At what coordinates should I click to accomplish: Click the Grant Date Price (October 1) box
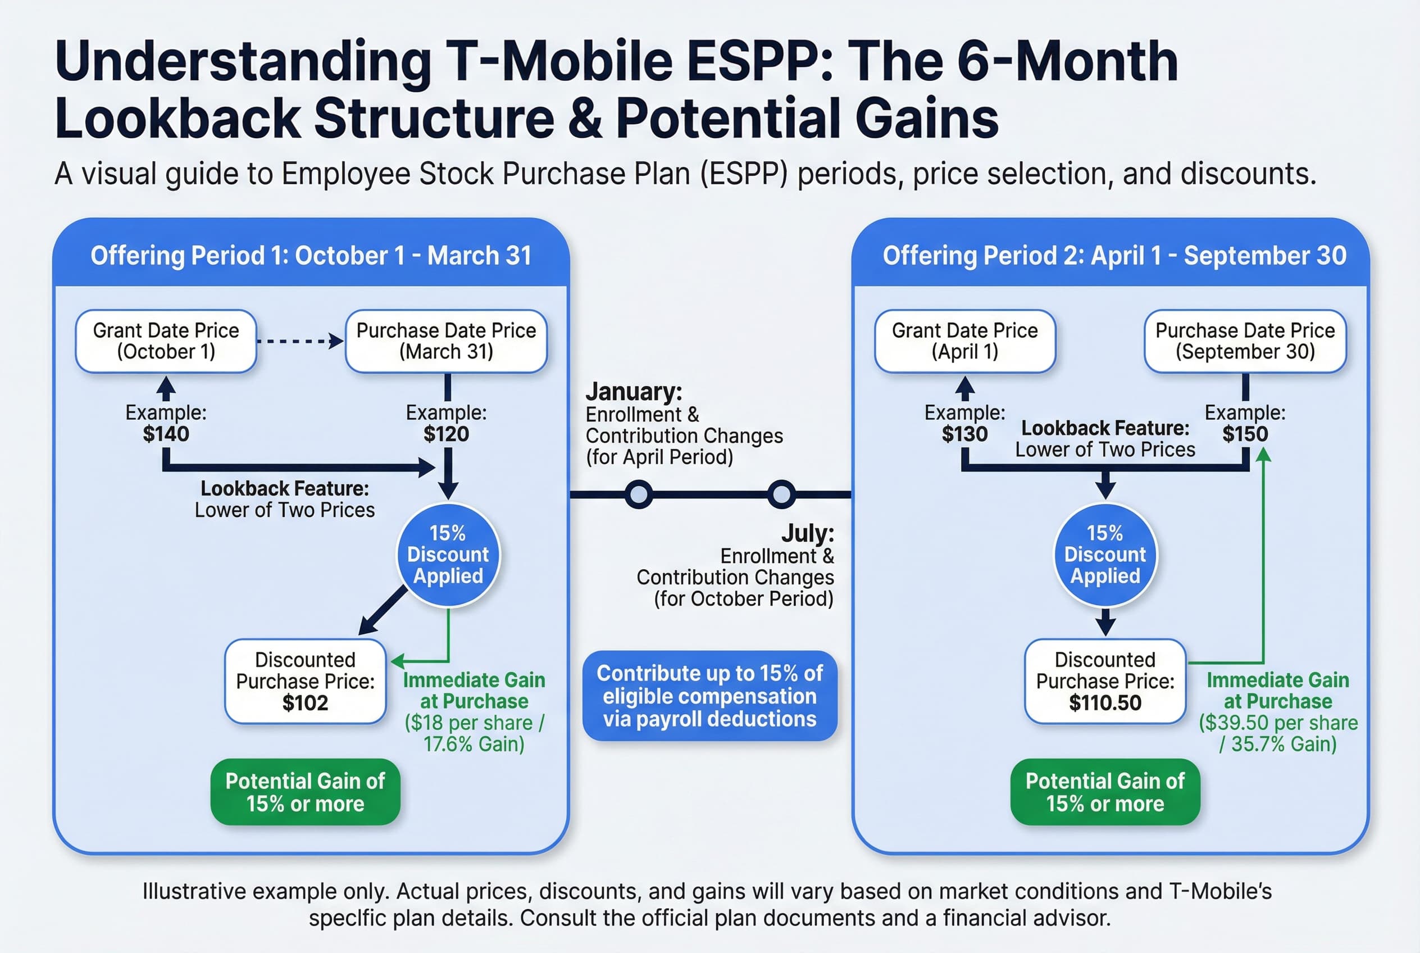pyautogui.click(x=166, y=341)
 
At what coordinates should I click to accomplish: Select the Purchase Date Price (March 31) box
pyautogui.click(x=446, y=341)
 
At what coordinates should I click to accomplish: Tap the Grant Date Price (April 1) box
pyautogui.click(x=964, y=341)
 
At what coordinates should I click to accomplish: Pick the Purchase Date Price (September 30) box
pyautogui.click(x=1245, y=341)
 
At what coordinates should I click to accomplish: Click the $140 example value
pyautogui.click(x=166, y=434)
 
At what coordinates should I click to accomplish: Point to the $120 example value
pyautogui.click(x=446, y=434)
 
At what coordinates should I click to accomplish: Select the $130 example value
pyautogui.click(x=964, y=434)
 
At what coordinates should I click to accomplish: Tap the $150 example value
pyautogui.click(x=1245, y=434)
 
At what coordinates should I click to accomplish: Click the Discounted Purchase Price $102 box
pyautogui.click(x=305, y=680)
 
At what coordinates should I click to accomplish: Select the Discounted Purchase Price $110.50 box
pyautogui.click(x=1105, y=680)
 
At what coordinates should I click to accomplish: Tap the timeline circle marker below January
pyautogui.click(x=639, y=494)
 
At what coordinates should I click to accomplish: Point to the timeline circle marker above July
pyautogui.click(x=781, y=494)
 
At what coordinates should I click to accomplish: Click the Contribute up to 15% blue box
pyautogui.click(x=709, y=696)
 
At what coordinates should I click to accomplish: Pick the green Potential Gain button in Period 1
pyautogui.click(x=305, y=792)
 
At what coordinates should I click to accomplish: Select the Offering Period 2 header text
pyautogui.click(x=1114, y=256)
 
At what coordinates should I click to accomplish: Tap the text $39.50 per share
pyautogui.click(x=1278, y=723)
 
